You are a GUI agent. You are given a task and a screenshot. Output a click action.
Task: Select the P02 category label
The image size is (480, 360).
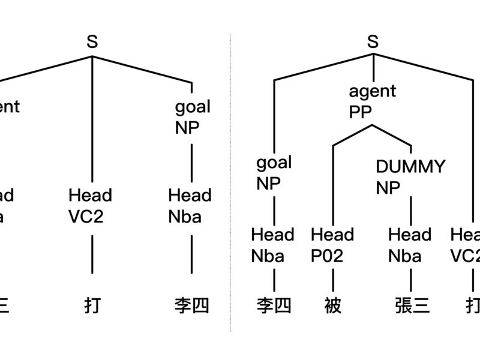[327, 256]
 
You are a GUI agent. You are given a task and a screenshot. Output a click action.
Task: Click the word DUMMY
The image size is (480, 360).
[410, 166]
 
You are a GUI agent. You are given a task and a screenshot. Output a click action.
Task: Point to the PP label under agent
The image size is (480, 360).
[361, 112]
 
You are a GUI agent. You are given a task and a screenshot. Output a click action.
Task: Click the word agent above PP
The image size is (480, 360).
[373, 92]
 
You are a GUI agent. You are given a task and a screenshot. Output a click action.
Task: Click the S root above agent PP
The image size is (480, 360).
[373, 42]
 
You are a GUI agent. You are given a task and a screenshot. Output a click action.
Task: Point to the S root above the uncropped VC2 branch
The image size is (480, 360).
[92, 42]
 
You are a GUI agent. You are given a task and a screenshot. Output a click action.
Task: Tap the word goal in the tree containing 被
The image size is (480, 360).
[274, 163]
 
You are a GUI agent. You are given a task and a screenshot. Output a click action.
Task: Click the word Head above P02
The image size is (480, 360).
[332, 235]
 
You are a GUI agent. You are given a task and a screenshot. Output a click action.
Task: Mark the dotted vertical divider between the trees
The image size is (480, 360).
[231, 180]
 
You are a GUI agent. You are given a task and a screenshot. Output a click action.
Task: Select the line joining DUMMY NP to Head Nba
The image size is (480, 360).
[410, 210]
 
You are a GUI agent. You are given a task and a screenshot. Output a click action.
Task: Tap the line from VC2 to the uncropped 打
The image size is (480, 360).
[92, 255]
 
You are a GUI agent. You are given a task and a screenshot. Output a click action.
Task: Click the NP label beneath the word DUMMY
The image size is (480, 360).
[388, 188]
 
